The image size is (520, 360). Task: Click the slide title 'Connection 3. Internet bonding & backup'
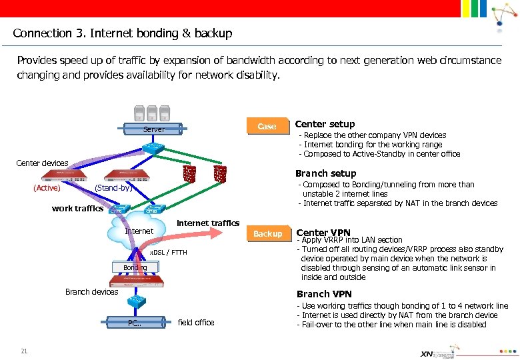123,33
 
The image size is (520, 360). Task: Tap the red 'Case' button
267,126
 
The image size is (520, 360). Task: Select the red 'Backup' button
267,234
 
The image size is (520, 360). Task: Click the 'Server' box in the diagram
154,129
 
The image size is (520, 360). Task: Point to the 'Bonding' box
135,267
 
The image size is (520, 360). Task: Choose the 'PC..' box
135,323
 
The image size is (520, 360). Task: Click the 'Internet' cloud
139,231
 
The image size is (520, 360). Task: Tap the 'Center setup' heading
325,124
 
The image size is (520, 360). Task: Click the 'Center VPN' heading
323,233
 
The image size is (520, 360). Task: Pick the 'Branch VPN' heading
324,294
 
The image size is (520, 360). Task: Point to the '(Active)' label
47,188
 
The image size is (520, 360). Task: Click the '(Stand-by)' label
114,188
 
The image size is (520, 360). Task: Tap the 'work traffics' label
77,208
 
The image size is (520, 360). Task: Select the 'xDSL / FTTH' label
168,253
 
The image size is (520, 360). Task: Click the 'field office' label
196,323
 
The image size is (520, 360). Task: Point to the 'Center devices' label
42,163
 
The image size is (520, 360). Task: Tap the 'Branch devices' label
92,291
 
